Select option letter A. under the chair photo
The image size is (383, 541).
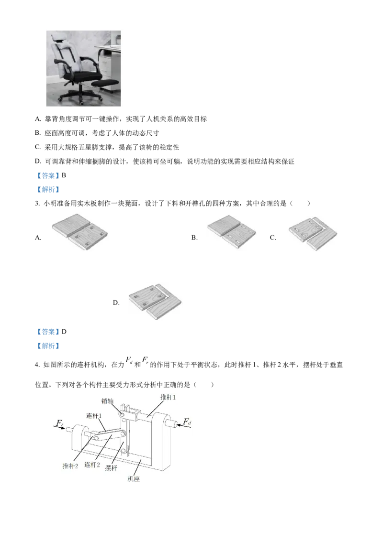[38, 119]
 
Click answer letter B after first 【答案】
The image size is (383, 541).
[64, 175]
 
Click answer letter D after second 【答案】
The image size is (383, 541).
[64, 332]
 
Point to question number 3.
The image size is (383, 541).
[37, 204]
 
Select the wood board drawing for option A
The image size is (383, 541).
[80, 231]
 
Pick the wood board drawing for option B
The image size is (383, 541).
[232, 231]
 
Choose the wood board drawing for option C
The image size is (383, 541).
[313, 233]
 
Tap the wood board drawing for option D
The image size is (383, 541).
[155, 301]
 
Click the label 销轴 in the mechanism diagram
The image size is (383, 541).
[107, 401]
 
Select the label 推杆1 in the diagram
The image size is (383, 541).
[168, 398]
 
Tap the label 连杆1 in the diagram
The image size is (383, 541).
[94, 416]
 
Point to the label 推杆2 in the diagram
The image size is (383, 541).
[70, 466]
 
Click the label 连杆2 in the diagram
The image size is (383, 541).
[92, 465]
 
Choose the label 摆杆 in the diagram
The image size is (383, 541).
[111, 468]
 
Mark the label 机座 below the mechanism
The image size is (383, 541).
[134, 479]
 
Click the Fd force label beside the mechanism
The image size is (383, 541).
[187, 422]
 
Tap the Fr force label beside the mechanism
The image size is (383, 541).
[60, 423]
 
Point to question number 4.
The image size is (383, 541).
[37, 365]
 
